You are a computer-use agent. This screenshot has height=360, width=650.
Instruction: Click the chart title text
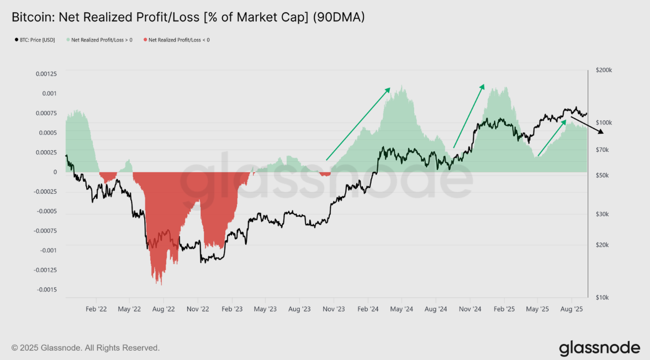pyautogui.click(x=188, y=18)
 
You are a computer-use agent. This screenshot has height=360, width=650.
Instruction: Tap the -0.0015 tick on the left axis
pyautogui.click(x=47, y=289)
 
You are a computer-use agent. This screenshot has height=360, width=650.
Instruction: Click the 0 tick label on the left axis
pyautogui.click(x=55, y=172)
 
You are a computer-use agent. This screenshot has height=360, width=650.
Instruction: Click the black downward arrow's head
pyautogui.click(x=602, y=133)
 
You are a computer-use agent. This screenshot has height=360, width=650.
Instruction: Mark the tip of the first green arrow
pyautogui.click(x=390, y=88)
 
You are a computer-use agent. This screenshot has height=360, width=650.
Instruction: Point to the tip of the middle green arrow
pyautogui.click(x=484, y=85)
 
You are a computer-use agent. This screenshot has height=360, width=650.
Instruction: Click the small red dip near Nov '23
pyautogui.click(x=325, y=174)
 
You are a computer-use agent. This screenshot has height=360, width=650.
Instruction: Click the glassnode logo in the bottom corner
pyautogui.click(x=599, y=348)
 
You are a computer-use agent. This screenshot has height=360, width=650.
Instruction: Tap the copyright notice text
pyautogui.click(x=86, y=348)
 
